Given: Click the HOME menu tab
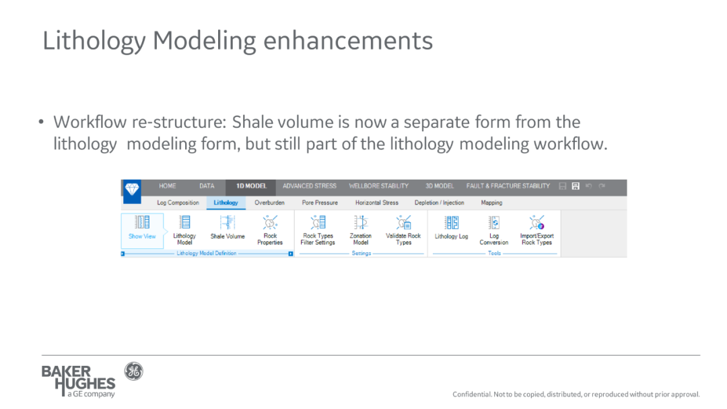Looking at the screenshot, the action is (x=168, y=186).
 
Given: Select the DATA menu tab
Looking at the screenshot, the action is (x=207, y=186).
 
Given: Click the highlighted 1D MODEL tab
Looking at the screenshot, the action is (x=251, y=186).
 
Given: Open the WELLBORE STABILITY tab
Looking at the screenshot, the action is (x=379, y=186).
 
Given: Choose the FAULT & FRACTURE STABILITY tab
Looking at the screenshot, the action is (x=508, y=186).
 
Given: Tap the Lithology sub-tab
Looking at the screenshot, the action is (x=226, y=203).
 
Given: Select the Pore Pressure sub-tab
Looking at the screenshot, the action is (x=320, y=203).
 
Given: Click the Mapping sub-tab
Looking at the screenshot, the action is (x=491, y=203).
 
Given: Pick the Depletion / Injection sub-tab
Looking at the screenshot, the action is (x=439, y=203).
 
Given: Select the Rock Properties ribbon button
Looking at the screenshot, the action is (x=270, y=230).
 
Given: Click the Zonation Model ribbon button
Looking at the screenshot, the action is (x=361, y=230).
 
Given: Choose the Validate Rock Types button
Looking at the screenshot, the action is (x=403, y=230).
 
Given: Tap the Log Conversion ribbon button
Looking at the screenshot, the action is (x=494, y=230).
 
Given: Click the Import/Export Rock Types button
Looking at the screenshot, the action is (x=537, y=230).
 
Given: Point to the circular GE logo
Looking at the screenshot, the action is (x=133, y=371).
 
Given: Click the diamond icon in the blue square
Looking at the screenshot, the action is (x=132, y=190).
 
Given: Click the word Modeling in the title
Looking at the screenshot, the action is (x=205, y=41).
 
